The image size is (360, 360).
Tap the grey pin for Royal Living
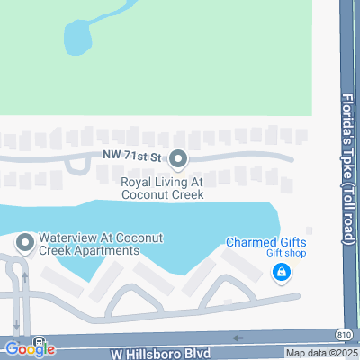pyautogui.click(x=178, y=159)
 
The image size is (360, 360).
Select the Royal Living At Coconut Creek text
pyautogui.click(x=162, y=187)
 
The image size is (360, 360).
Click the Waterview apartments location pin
pyautogui.click(x=23, y=242)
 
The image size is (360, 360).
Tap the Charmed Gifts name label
pyautogui.click(x=265, y=242)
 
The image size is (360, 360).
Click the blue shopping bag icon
pyautogui.click(x=282, y=270)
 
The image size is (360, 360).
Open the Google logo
pyautogui.click(x=29, y=348)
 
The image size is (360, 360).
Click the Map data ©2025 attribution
pyautogui.click(x=322, y=353)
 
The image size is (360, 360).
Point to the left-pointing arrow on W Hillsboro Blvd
pyautogui.click(x=238, y=338)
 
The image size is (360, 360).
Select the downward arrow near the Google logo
pyautogui.click(x=17, y=326)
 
